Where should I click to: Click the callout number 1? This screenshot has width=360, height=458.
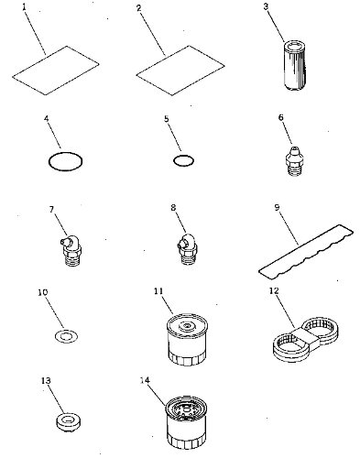pos(25,6)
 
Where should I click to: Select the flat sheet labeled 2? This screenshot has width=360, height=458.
pos(180,71)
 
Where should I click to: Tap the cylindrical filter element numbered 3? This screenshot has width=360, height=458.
pos(293,66)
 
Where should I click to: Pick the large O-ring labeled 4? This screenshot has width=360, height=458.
pos(66,161)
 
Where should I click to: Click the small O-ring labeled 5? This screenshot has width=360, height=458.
pos(183,160)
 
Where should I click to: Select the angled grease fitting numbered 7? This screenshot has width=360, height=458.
pos(71,250)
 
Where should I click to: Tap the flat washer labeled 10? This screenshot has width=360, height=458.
pos(66,336)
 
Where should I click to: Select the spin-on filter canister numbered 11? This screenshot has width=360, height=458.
pos(187,339)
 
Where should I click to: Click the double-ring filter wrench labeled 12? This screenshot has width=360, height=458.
pos(306,339)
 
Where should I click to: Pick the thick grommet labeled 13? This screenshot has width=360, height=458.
pos(69,422)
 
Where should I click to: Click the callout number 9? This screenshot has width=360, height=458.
pos(277,208)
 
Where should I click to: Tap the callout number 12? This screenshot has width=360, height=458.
pos(274,290)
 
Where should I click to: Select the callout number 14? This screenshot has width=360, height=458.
pos(145,380)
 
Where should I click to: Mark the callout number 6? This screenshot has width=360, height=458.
pos(281,117)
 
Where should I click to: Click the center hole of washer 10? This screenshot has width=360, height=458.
pos(65,336)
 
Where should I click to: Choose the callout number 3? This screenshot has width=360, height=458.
pos(266,6)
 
